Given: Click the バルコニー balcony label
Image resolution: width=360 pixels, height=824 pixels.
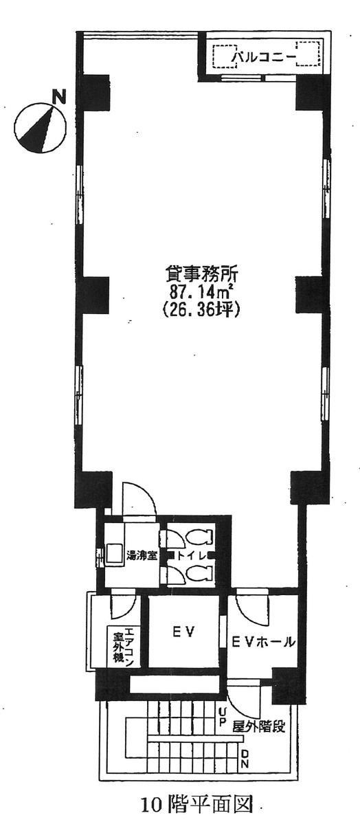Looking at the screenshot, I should tap(264, 56).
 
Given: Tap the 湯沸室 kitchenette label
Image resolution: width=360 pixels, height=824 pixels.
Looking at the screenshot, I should tap(140, 555).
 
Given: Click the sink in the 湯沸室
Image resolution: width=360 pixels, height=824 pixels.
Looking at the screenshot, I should tap(113, 554).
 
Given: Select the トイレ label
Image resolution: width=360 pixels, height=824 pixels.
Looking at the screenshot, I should tap(188, 555).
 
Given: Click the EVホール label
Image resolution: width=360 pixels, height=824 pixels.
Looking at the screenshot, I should tap(263, 643).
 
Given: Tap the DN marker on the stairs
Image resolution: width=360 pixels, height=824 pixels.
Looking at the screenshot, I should tap(245, 759).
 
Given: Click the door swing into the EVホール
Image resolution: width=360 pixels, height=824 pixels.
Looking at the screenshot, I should tap(249, 605).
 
